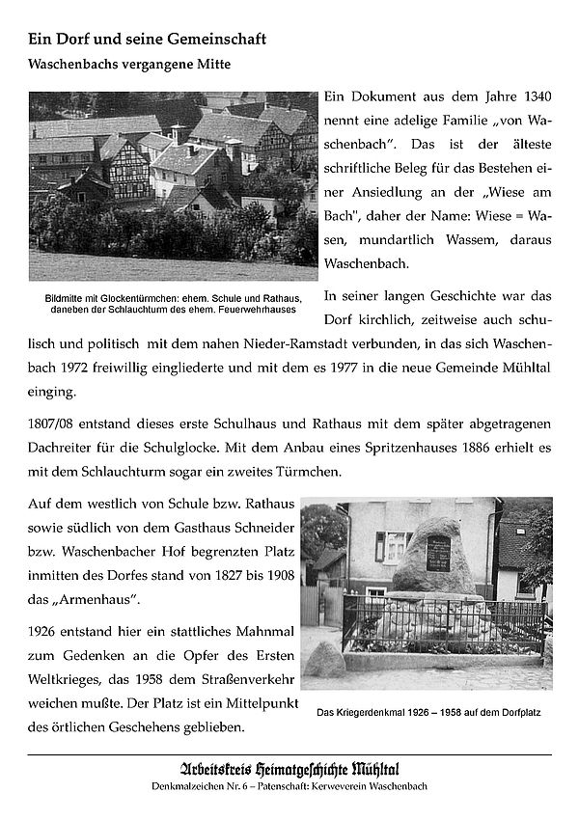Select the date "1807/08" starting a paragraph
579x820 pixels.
pyautogui.click(x=53, y=424)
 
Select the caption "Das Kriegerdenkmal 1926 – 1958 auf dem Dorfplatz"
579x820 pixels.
pyautogui.click(x=427, y=714)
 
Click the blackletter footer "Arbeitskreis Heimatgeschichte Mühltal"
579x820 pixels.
pyautogui.click(x=289, y=769)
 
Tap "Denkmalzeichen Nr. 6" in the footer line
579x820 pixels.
pyautogui.click(x=207, y=789)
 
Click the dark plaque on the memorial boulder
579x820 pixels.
pyautogui.click(x=438, y=554)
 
